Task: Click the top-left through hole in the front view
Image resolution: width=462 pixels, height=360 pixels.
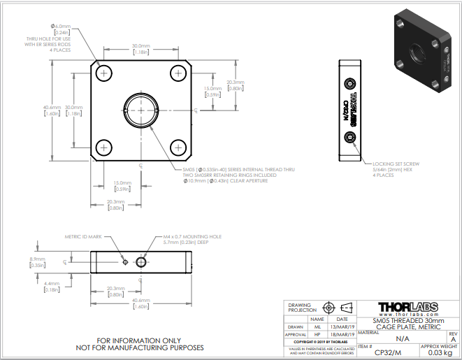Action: pyautogui.click(x=105, y=73)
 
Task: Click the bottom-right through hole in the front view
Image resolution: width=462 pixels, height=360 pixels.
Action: pyautogui.click(x=178, y=147)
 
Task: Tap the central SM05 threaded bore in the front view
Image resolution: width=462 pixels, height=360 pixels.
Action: pyautogui.click(x=141, y=110)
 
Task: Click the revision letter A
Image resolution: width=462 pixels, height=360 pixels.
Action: pyautogui.click(x=453, y=339)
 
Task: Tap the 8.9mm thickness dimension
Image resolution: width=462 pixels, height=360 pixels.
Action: pyautogui.click(x=37, y=262)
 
